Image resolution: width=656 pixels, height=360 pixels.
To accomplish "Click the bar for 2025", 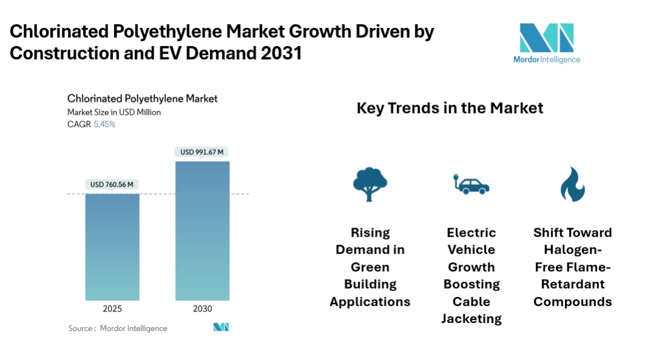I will (x=112, y=246).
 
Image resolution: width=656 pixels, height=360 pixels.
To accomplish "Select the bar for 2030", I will (x=202, y=231).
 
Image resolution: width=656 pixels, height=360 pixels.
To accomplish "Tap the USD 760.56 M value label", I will (x=112, y=185).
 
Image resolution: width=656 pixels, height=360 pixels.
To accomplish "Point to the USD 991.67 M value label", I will (x=202, y=152).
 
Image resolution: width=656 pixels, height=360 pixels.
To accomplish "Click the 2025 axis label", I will (x=112, y=309).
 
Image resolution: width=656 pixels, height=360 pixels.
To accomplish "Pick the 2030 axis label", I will (x=202, y=309).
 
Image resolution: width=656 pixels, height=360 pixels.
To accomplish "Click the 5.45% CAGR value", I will (x=104, y=124).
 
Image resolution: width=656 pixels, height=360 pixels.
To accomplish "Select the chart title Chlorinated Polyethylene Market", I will (x=142, y=98).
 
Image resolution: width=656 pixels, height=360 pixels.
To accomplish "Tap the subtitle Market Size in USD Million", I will (x=114, y=112).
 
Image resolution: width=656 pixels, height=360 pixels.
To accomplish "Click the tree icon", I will (x=370, y=184).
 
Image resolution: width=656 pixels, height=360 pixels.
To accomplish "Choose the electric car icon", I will (x=471, y=184).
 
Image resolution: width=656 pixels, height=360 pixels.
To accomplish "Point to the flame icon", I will (x=572, y=184).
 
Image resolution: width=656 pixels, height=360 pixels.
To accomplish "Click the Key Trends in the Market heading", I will (x=449, y=109).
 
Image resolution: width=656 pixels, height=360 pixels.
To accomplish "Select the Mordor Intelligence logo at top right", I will (x=546, y=43).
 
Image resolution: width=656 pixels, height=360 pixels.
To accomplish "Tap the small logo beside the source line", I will (x=221, y=327).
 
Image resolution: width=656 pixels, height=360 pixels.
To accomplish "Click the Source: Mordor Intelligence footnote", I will (x=118, y=328).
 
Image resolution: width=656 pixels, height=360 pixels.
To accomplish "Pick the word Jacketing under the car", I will (x=471, y=319).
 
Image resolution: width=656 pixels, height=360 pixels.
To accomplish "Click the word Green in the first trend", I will (x=370, y=267).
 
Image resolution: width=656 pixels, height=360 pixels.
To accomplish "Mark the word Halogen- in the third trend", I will (x=572, y=250).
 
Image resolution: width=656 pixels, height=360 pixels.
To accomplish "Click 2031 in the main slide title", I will (x=281, y=53).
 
